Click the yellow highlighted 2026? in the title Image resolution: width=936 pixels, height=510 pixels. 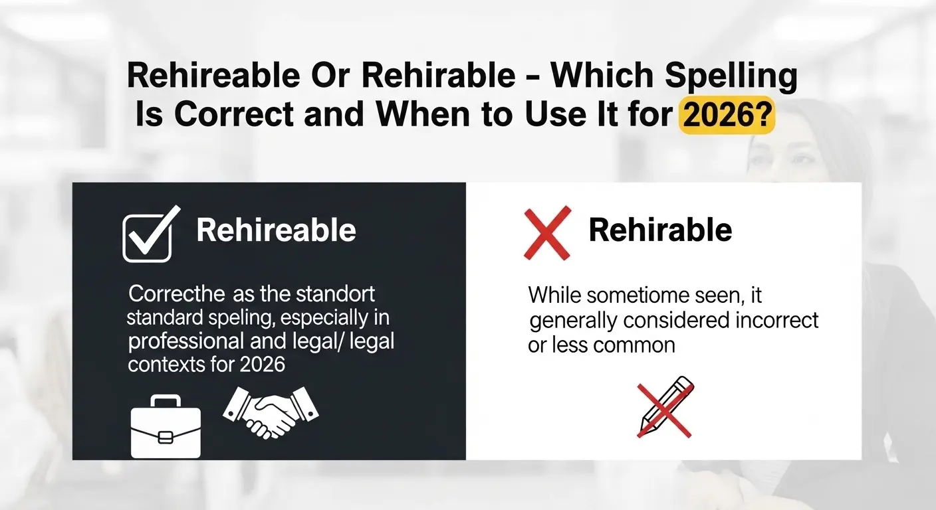tap(727, 115)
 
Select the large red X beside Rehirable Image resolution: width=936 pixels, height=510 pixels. tap(547, 233)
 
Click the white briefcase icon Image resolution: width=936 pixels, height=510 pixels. tap(166, 426)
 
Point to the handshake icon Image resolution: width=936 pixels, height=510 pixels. tap(271, 412)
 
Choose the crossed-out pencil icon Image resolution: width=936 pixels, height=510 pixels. tap(665, 407)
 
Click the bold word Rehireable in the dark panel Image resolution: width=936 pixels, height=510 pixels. tap(276, 230)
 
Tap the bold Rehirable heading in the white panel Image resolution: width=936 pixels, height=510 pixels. tap(660, 230)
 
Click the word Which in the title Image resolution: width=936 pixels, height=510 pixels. tap(602, 75)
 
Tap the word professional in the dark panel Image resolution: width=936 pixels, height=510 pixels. tap(186, 342)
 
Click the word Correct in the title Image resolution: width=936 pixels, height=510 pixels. tap(234, 114)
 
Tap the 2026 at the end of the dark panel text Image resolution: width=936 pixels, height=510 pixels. tap(263, 365)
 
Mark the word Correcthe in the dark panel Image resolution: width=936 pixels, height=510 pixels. tap(176, 294)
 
